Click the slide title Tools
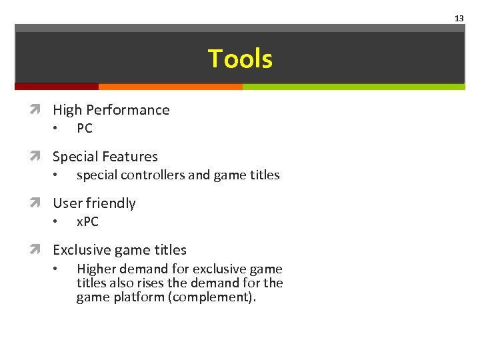(240, 59)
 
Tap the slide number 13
(459, 18)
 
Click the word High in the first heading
(68, 110)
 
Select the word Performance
(129, 110)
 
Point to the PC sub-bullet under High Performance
(85, 129)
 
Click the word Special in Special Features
(75, 157)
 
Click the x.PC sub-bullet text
(87, 222)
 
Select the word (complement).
(212, 297)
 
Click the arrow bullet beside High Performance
(43, 110)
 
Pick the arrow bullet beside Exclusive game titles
(43, 250)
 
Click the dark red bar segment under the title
(57, 86)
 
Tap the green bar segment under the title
(353, 86)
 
